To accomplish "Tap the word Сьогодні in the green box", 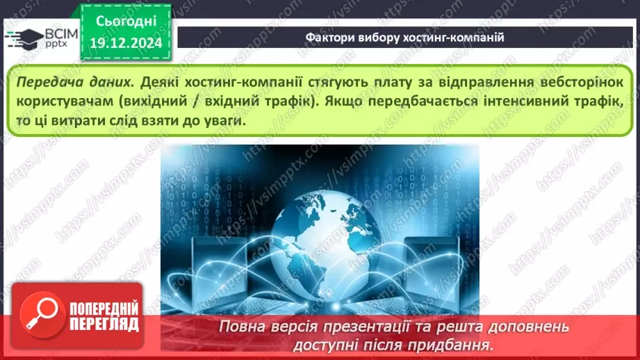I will tap(126, 22).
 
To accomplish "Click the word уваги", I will tap(224, 121).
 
